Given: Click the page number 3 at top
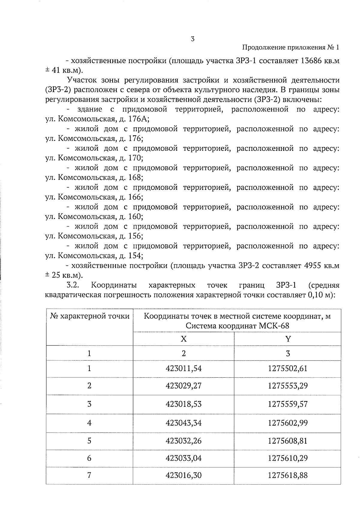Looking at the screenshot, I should (x=193, y=39).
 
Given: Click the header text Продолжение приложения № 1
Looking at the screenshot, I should (x=290, y=48).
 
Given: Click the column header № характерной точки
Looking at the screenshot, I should (x=89, y=316).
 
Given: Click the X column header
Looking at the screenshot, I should (x=184, y=339).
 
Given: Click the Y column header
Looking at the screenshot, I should (x=288, y=339).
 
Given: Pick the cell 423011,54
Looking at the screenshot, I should (x=184, y=368).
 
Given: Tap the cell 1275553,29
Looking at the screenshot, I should (x=288, y=386).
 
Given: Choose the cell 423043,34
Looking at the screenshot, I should (x=184, y=423).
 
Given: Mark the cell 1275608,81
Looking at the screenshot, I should (x=288, y=441).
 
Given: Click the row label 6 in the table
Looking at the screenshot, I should (x=89, y=458).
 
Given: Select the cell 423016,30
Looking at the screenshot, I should (x=184, y=475).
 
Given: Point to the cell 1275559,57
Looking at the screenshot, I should (x=288, y=404).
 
